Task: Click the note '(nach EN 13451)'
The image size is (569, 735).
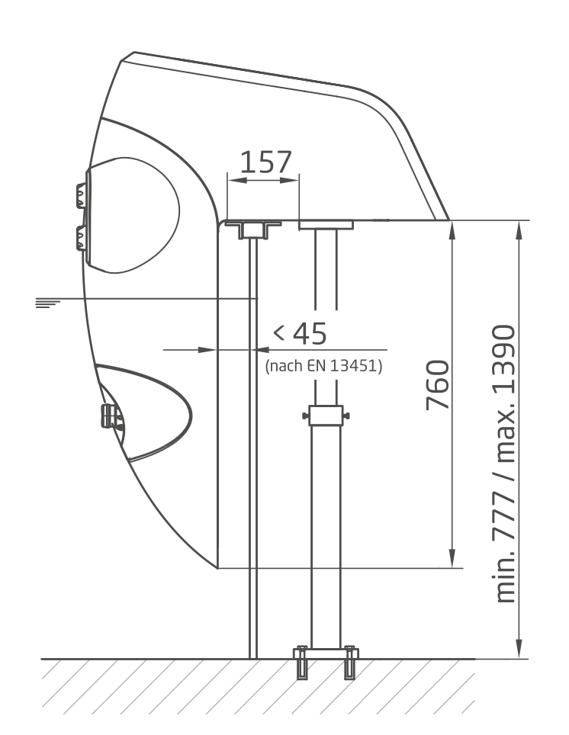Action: point(323,366)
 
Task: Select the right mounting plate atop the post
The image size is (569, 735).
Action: point(326,225)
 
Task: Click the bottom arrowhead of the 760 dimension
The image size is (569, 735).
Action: point(453,560)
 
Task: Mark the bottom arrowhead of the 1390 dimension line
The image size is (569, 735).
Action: point(519,651)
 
